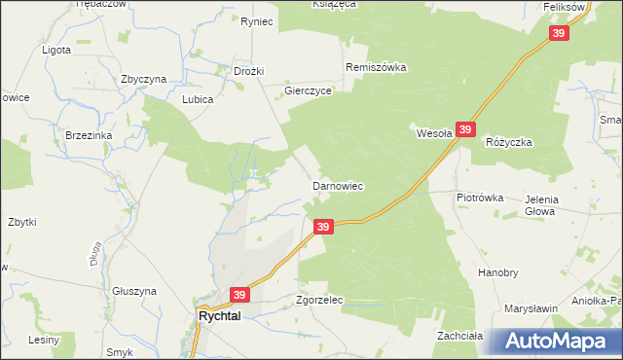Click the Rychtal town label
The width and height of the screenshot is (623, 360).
[x=226, y=316]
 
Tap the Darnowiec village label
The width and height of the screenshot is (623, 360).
[x=337, y=185]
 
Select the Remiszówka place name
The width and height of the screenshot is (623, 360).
[x=376, y=68]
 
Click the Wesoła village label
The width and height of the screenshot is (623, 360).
[x=434, y=133]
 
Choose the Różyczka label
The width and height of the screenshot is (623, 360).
[x=508, y=141]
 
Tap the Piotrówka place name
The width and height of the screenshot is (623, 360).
[x=480, y=197]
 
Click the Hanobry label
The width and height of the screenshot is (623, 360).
[x=496, y=273]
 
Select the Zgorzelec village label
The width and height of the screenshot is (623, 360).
[x=320, y=301]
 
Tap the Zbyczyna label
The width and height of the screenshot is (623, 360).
[x=144, y=79]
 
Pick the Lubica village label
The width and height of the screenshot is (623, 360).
[x=198, y=99]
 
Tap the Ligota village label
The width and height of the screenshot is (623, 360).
[x=56, y=48]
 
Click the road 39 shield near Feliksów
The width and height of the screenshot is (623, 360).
[x=559, y=33]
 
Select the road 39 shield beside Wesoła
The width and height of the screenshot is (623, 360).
[x=465, y=129]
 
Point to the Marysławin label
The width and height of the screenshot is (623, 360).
[x=531, y=308]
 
